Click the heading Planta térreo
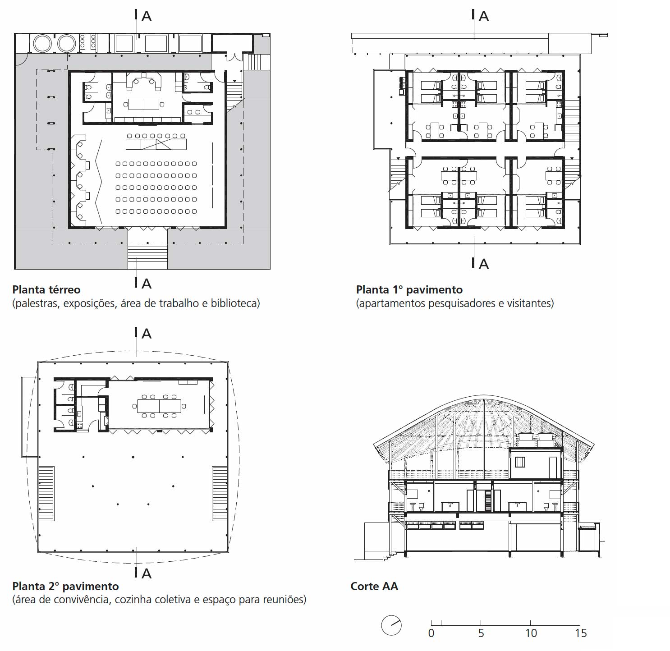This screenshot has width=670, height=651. pyautogui.click(x=46, y=289)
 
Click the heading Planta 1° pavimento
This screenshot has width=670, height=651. pyautogui.click(x=409, y=289)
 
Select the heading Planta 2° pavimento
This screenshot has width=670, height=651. pyautogui.click(x=65, y=586)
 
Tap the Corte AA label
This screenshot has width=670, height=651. pyautogui.click(x=374, y=586)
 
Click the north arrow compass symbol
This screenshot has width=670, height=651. pyautogui.click(x=391, y=625)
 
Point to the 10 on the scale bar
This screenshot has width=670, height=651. pyautogui.click(x=531, y=633)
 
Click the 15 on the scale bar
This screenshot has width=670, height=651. pyautogui.click(x=581, y=633)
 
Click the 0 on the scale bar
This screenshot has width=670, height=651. pyautogui.click(x=431, y=633)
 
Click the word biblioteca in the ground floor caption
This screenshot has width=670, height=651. pyautogui.click(x=235, y=303)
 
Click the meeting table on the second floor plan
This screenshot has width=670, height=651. pyautogui.click(x=159, y=406)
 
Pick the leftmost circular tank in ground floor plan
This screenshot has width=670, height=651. pyautogui.click(x=42, y=44)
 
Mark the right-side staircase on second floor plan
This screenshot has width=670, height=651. pyautogui.click(x=220, y=494)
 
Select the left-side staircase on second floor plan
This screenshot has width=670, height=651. pyautogui.click(x=46, y=494)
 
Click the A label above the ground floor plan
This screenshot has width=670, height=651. pyautogui.click(x=147, y=16)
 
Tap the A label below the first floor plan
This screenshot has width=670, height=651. pyautogui.click(x=484, y=264)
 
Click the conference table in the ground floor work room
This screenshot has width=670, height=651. pyautogui.click(x=144, y=104)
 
